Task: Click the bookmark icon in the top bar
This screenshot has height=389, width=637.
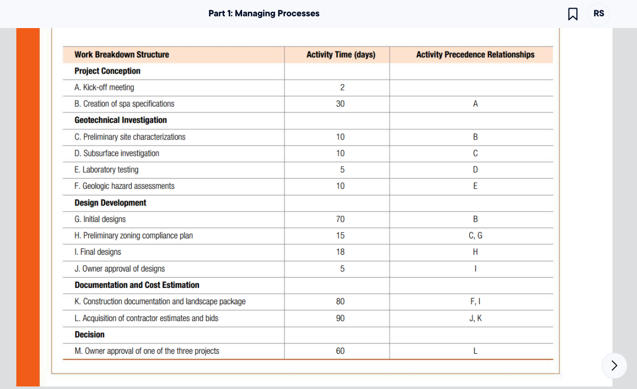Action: (573, 14)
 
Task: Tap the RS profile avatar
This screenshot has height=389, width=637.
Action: (599, 14)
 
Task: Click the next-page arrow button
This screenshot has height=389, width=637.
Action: (614, 366)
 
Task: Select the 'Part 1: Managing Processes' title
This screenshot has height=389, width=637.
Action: (264, 14)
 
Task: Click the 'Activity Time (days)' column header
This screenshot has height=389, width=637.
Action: (341, 55)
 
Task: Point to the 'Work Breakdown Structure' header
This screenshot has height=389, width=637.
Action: (122, 55)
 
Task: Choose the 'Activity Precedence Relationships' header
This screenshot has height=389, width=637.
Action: (475, 55)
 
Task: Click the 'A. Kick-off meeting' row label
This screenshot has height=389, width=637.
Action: (104, 87)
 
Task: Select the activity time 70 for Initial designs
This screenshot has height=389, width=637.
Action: (340, 219)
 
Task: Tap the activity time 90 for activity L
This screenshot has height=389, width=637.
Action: (340, 318)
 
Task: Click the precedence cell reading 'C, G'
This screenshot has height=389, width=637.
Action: (475, 235)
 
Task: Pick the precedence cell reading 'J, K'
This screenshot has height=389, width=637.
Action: (475, 318)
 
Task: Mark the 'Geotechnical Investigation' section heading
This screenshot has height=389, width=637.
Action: (121, 120)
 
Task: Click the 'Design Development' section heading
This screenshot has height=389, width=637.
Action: (110, 203)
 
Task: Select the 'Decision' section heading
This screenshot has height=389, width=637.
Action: (89, 334)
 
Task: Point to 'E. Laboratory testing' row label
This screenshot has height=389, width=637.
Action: (106, 169)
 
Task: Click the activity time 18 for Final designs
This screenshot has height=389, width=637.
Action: (340, 252)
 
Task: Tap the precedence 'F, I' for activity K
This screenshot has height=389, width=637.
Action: (475, 301)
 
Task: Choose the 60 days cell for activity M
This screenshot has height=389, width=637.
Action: (340, 351)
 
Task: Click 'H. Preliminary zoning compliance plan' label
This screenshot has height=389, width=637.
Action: (133, 235)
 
